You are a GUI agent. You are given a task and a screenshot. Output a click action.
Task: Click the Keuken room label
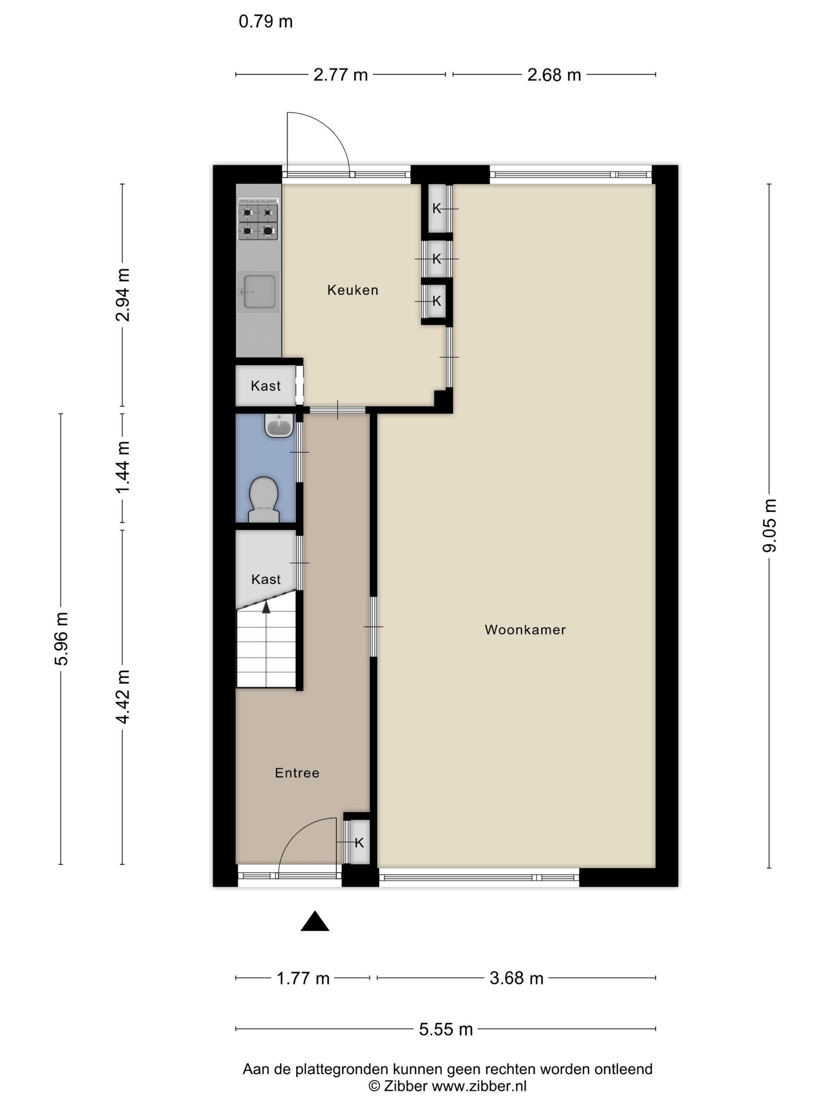[x=352, y=290]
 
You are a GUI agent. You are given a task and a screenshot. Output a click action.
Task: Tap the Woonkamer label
[x=525, y=630]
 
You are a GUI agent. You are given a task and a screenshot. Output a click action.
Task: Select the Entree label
[x=297, y=773]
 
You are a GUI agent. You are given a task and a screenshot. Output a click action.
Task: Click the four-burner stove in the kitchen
[x=258, y=220]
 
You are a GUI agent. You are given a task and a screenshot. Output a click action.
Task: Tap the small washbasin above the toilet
[x=278, y=425]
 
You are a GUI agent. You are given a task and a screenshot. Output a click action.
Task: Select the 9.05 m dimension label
[x=769, y=525]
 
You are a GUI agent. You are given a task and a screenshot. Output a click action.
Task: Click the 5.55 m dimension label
[x=446, y=1029]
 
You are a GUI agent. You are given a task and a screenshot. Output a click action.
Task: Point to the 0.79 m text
[x=266, y=21]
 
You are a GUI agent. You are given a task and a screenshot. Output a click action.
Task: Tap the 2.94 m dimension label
[x=123, y=295]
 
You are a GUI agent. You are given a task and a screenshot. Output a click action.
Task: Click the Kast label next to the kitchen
[x=266, y=386]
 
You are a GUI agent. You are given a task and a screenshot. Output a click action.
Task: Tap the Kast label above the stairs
[x=266, y=579]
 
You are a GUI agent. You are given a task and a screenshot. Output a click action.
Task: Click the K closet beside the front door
[x=359, y=843]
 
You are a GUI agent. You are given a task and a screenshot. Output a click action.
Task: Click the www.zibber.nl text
[x=479, y=1086]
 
